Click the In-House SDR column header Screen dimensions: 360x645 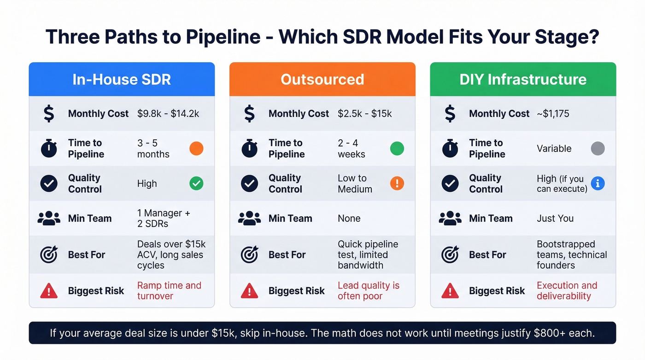pos(122,79)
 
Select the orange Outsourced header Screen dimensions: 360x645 pos(322,79)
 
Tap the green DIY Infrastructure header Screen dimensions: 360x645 pos(523,79)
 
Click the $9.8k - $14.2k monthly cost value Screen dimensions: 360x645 pos(168,113)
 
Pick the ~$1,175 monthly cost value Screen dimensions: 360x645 pos(553,113)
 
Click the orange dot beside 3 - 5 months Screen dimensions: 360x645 pos(196,148)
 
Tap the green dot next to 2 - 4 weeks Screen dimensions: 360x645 pos(397,148)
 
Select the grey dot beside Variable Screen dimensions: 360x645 pos(598,148)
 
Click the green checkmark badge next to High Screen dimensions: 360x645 pos(196,183)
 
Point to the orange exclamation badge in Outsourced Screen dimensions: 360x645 pos(397,183)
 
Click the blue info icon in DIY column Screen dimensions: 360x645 pos(598,183)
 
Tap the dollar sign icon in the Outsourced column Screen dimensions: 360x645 pos(249,113)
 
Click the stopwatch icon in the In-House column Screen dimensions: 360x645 pos(49,148)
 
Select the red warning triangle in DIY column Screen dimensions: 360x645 pos(450,291)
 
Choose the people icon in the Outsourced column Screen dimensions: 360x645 pos(249,218)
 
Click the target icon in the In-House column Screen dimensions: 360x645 pos(49,254)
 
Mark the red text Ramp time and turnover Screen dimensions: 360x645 pos(169,291)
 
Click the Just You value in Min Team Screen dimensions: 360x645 pos(555,218)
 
